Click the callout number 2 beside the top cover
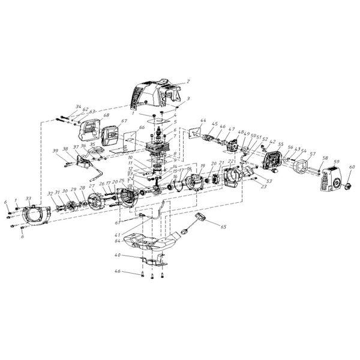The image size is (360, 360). pos(188,80)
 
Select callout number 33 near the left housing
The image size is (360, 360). pos(28,198)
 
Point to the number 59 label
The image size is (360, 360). pos(336,161)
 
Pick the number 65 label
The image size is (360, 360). pos(223,227)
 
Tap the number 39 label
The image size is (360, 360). pos(56,151)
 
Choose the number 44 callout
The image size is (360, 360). pos(204,121)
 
